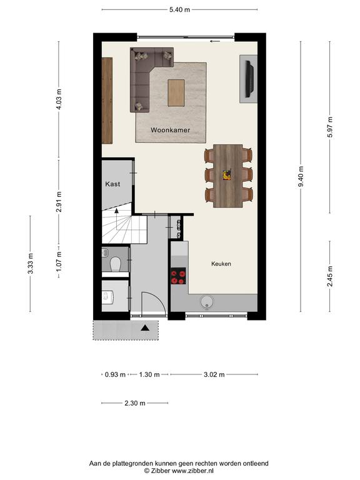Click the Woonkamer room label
170,130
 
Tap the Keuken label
221,264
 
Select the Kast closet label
112,184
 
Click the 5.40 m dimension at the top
180,10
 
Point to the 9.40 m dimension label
301,177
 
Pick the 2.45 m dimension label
330,276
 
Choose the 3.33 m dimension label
30,264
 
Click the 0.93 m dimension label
115,374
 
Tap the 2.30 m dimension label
135,403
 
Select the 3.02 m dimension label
214,374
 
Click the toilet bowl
115,264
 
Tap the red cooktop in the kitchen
178,276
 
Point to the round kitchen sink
207,302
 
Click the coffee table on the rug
176,92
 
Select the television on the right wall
249,79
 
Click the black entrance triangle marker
145,328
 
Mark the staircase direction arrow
116,210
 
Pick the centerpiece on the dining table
227,175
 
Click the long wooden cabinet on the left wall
107,101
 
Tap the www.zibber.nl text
192,471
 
